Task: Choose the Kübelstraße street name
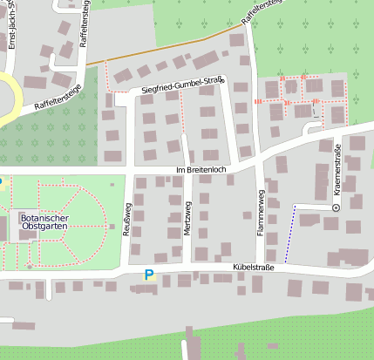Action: pos(253,268)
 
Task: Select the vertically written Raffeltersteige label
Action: pos(84,31)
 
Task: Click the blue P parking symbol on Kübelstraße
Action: pos(148,275)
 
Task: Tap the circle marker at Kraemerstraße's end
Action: pos(336,208)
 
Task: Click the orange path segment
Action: pos(166,48)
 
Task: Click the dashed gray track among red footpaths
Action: pos(313,110)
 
